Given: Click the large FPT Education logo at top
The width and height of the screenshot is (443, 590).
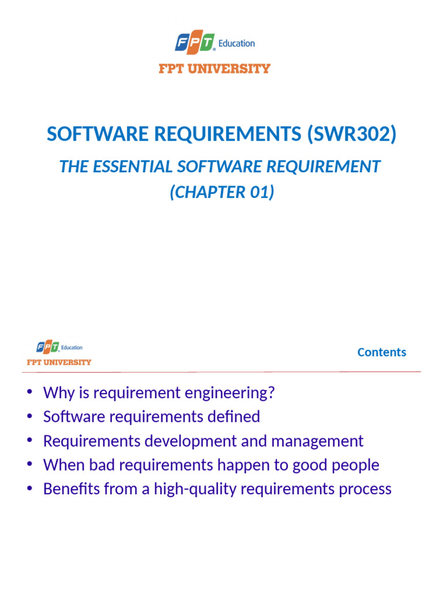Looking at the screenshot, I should click(x=215, y=43).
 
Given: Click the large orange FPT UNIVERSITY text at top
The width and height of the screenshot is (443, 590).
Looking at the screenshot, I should click(x=215, y=69).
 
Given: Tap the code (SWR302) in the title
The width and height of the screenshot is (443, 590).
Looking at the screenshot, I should click(x=352, y=134).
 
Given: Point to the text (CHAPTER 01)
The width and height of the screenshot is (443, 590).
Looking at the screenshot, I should click(x=221, y=192).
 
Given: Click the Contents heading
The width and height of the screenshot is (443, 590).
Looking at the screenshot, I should click(x=381, y=352).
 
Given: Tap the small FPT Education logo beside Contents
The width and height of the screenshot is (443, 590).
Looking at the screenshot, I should click(x=59, y=347).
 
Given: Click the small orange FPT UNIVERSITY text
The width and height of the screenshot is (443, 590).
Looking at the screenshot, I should click(x=59, y=362).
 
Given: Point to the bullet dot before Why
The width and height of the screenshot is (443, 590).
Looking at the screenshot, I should click(x=30, y=394).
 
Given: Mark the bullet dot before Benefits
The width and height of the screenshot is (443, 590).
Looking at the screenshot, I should click(x=30, y=489).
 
